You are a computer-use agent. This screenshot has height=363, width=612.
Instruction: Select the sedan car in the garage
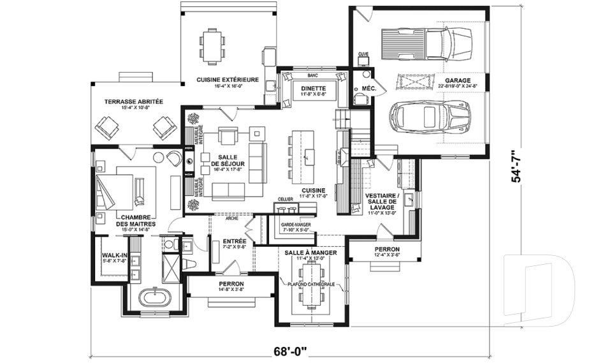[431, 117]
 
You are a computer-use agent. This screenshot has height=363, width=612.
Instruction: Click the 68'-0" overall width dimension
[290, 350]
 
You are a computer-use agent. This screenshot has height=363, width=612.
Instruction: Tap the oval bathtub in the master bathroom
[156, 298]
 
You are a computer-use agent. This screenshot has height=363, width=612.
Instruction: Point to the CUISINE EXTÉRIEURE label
[228, 80]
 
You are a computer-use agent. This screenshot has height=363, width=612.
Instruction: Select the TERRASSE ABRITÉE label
[134, 101]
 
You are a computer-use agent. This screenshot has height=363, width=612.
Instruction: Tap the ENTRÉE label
[235, 241]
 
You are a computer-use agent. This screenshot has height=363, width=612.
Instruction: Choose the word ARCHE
[232, 219]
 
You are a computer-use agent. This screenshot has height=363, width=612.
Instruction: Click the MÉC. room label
[368, 88]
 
